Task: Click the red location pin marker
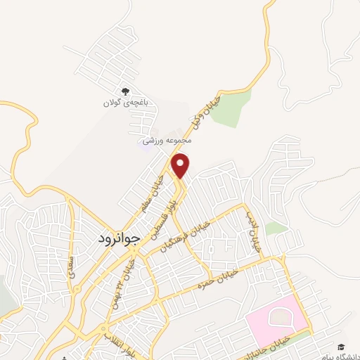[181, 165]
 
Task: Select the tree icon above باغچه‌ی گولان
[126, 91]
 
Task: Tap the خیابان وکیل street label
[205, 113]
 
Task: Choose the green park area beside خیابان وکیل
[231, 110]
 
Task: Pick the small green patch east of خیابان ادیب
[276, 229]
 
